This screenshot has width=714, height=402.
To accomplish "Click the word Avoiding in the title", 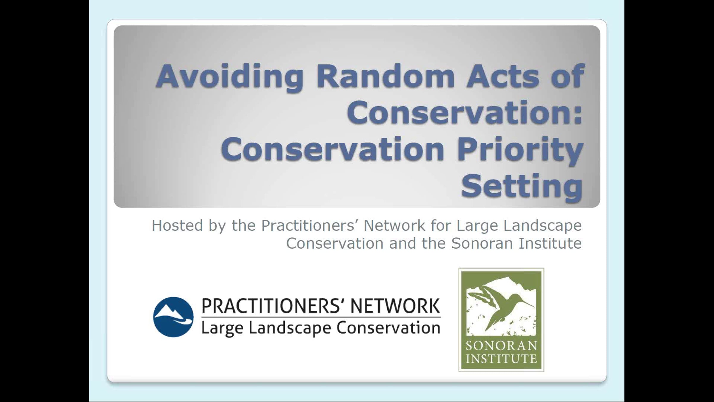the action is [230, 77].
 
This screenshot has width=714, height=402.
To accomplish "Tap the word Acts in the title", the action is [503, 77].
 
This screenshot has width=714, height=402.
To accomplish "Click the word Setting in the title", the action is [522, 186].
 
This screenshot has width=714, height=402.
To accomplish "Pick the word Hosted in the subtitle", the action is [177, 225].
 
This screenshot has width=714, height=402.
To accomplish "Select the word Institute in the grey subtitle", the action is [550, 243].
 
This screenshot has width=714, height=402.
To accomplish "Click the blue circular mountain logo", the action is [173, 317].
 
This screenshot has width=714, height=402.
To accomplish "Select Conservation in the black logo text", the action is [388, 328].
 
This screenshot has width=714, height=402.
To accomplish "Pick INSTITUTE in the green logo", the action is [501, 359].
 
